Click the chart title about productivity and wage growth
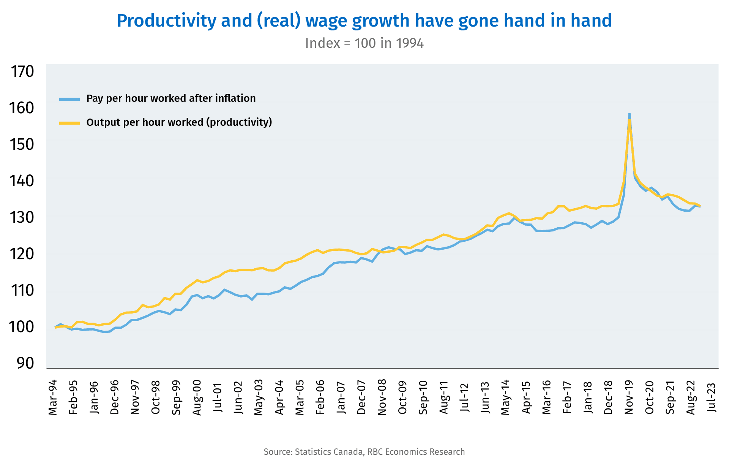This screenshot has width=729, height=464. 364,21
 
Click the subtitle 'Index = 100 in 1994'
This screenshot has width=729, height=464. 364,43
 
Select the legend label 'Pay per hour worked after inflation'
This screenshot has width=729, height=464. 171,98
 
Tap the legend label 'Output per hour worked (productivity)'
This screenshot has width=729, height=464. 179,122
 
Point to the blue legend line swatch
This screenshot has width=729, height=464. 69,99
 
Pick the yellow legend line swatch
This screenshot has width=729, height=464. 69,123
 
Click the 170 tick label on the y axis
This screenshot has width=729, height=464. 22,71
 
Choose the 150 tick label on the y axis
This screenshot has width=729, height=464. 22,144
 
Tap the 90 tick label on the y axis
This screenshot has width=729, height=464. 25,363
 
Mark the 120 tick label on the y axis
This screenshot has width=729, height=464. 22,254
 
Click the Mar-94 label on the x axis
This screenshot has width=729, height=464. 53,397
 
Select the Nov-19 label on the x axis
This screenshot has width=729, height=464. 629,397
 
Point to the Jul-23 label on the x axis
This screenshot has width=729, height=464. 712,397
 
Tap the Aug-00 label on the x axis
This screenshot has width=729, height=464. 197,397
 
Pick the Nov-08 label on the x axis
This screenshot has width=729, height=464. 382,397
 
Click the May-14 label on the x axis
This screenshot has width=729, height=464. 506,397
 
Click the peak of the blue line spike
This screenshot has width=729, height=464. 629,114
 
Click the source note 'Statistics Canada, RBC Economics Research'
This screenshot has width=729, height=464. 364,452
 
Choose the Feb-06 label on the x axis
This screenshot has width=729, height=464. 320,397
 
